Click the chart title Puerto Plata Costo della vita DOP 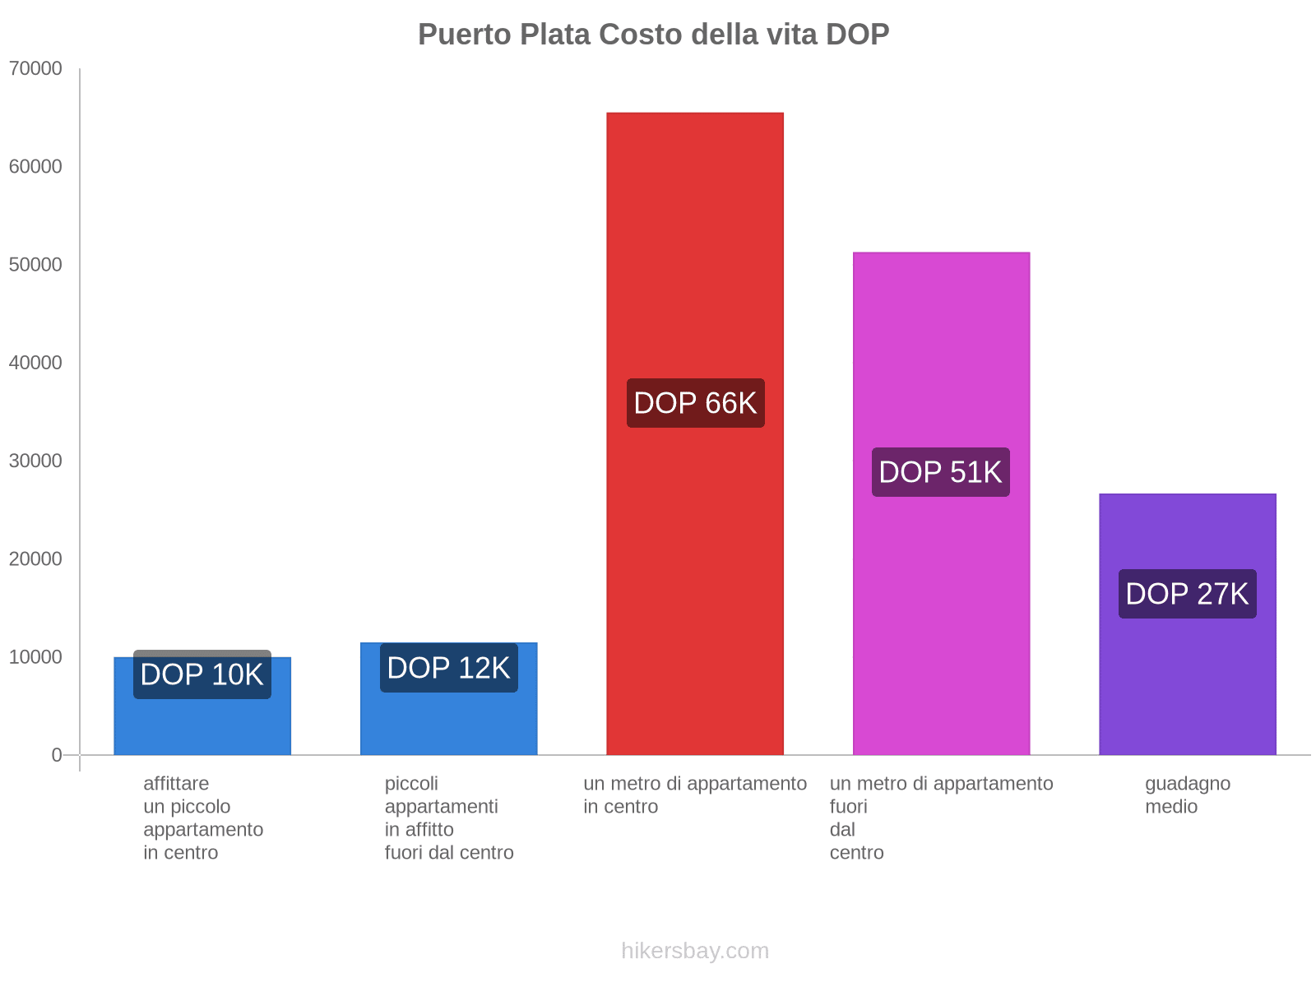[x=653, y=35]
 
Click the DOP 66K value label [x=695, y=403]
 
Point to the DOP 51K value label [x=940, y=472]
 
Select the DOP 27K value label [x=1187, y=594]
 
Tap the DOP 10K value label [x=202, y=674]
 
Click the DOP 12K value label [x=448, y=668]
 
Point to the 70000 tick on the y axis [x=35, y=68]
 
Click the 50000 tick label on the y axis [x=35, y=265]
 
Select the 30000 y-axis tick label [x=35, y=461]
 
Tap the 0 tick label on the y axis [x=57, y=755]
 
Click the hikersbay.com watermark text [x=695, y=951]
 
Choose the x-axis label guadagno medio [x=1187, y=795]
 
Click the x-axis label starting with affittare [x=202, y=818]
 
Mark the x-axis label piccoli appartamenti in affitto [x=448, y=818]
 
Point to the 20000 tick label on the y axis [x=35, y=559]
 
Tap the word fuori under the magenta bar [x=848, y=807]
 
